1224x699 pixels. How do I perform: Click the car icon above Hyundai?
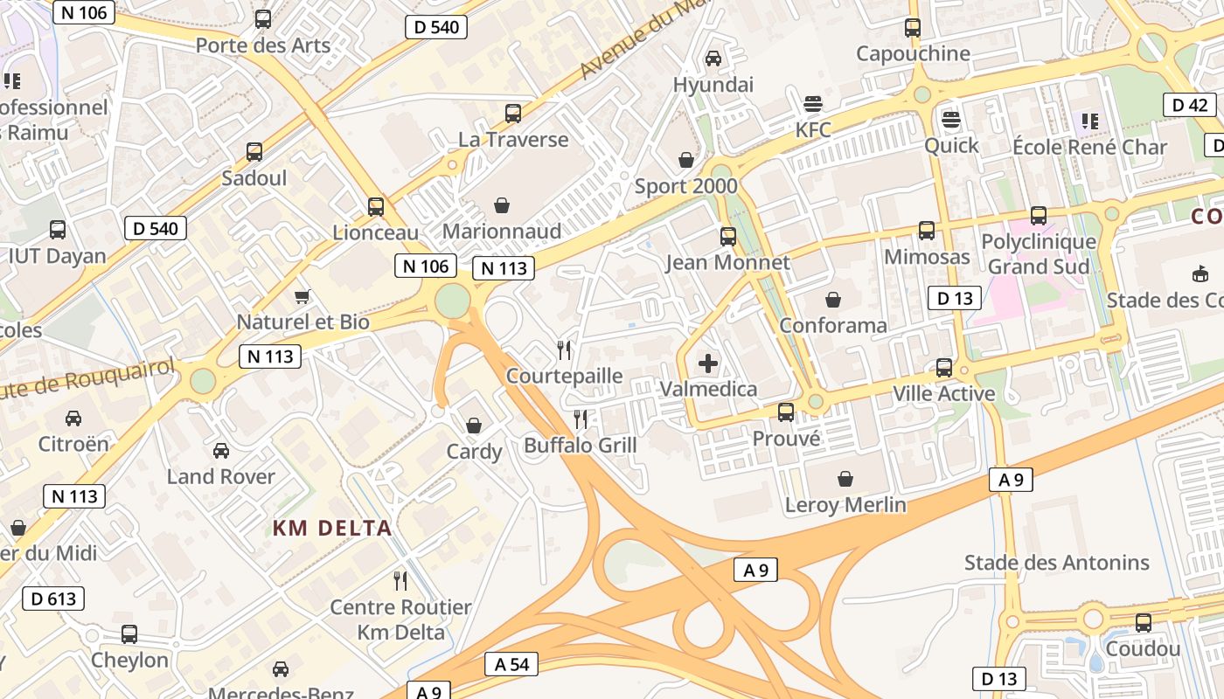point(713,59)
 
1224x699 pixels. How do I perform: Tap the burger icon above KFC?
point(812,104)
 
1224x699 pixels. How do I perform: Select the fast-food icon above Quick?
point(951,119)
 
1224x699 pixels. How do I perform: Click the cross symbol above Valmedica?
point(708,363)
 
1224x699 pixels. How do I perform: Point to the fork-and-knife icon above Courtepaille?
point(564,350)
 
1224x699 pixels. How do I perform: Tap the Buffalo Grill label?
point(581,446)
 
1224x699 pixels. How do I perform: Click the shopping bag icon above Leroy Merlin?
point(845,479)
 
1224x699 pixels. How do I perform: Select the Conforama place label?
point(833,326)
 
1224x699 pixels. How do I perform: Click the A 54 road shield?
point(511,664)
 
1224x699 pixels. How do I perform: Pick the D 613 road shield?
point(53,599)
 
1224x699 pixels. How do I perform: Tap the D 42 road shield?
point(1189,105)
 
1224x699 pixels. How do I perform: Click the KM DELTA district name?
point(332,529)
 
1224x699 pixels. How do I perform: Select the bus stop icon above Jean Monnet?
point(727,236)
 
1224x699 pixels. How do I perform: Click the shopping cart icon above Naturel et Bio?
point(303,296)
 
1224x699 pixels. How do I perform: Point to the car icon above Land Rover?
point(221,451)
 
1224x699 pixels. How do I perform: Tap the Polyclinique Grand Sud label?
point(1039,253)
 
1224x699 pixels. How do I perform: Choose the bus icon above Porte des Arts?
point(262,19)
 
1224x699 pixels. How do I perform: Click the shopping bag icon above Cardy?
point(474,426)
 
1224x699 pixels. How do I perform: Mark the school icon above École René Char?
point(1089,121)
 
